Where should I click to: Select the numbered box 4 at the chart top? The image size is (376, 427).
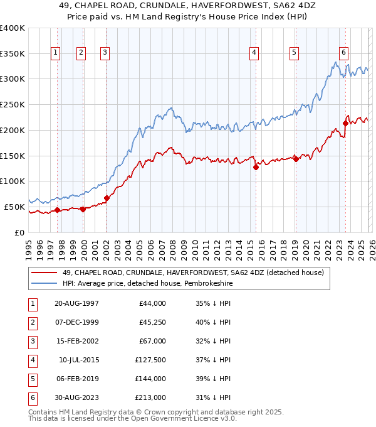(x=254, y=53)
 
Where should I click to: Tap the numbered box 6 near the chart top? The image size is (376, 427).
(x=344, y=53)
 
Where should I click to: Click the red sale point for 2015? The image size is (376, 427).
(x=256, y=167)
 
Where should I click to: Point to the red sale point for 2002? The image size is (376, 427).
(x=107, y=198)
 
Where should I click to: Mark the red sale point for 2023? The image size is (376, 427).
(x=346, y=123)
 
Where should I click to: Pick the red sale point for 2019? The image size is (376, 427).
(x=296, y=159)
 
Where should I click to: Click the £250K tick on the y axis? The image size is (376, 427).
(x=13, y=104)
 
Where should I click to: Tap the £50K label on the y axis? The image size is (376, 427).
(x=14, y=207)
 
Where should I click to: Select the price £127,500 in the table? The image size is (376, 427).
(x=150, y=361)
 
